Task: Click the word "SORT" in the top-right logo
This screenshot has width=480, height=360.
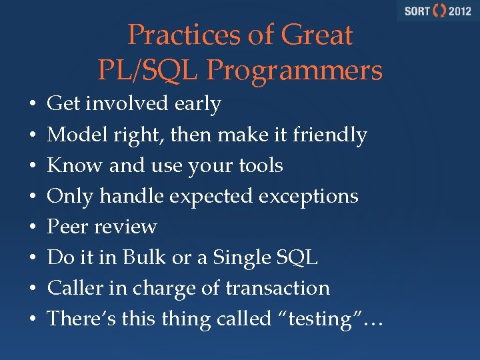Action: click(417, 11)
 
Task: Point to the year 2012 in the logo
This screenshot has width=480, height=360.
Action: click(459, 11)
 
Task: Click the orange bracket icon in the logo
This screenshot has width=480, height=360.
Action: click(439, 11)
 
